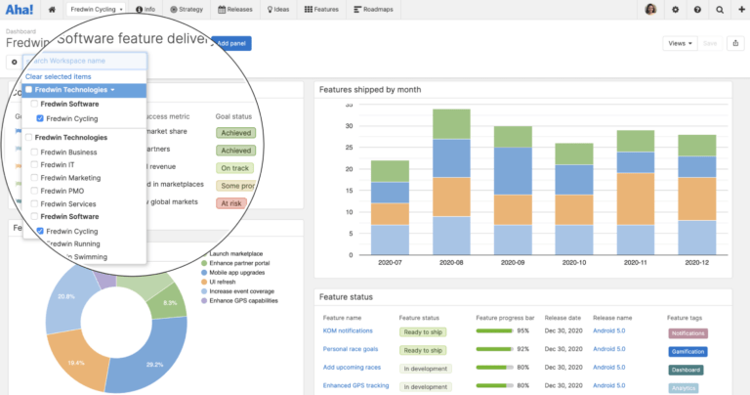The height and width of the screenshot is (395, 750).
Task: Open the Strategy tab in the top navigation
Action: [x=187, y=10]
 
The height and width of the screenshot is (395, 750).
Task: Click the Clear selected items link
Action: [x=59, y=76]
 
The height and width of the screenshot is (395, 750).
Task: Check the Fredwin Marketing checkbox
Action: [x=35, y=178]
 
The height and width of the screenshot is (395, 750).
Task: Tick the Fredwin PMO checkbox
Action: [x=35, y=191]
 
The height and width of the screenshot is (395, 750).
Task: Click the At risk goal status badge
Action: [x=231, y=203]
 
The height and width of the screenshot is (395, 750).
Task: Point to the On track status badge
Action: [x=234, y=168]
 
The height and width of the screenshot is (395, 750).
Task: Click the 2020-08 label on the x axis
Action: [x=450, y=263]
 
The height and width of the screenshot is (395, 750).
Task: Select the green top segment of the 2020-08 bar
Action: [x=450, y=123]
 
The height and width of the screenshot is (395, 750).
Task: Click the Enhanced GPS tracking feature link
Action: [x=355, y=385]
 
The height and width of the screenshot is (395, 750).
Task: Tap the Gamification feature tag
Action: [x=688, y=350]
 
